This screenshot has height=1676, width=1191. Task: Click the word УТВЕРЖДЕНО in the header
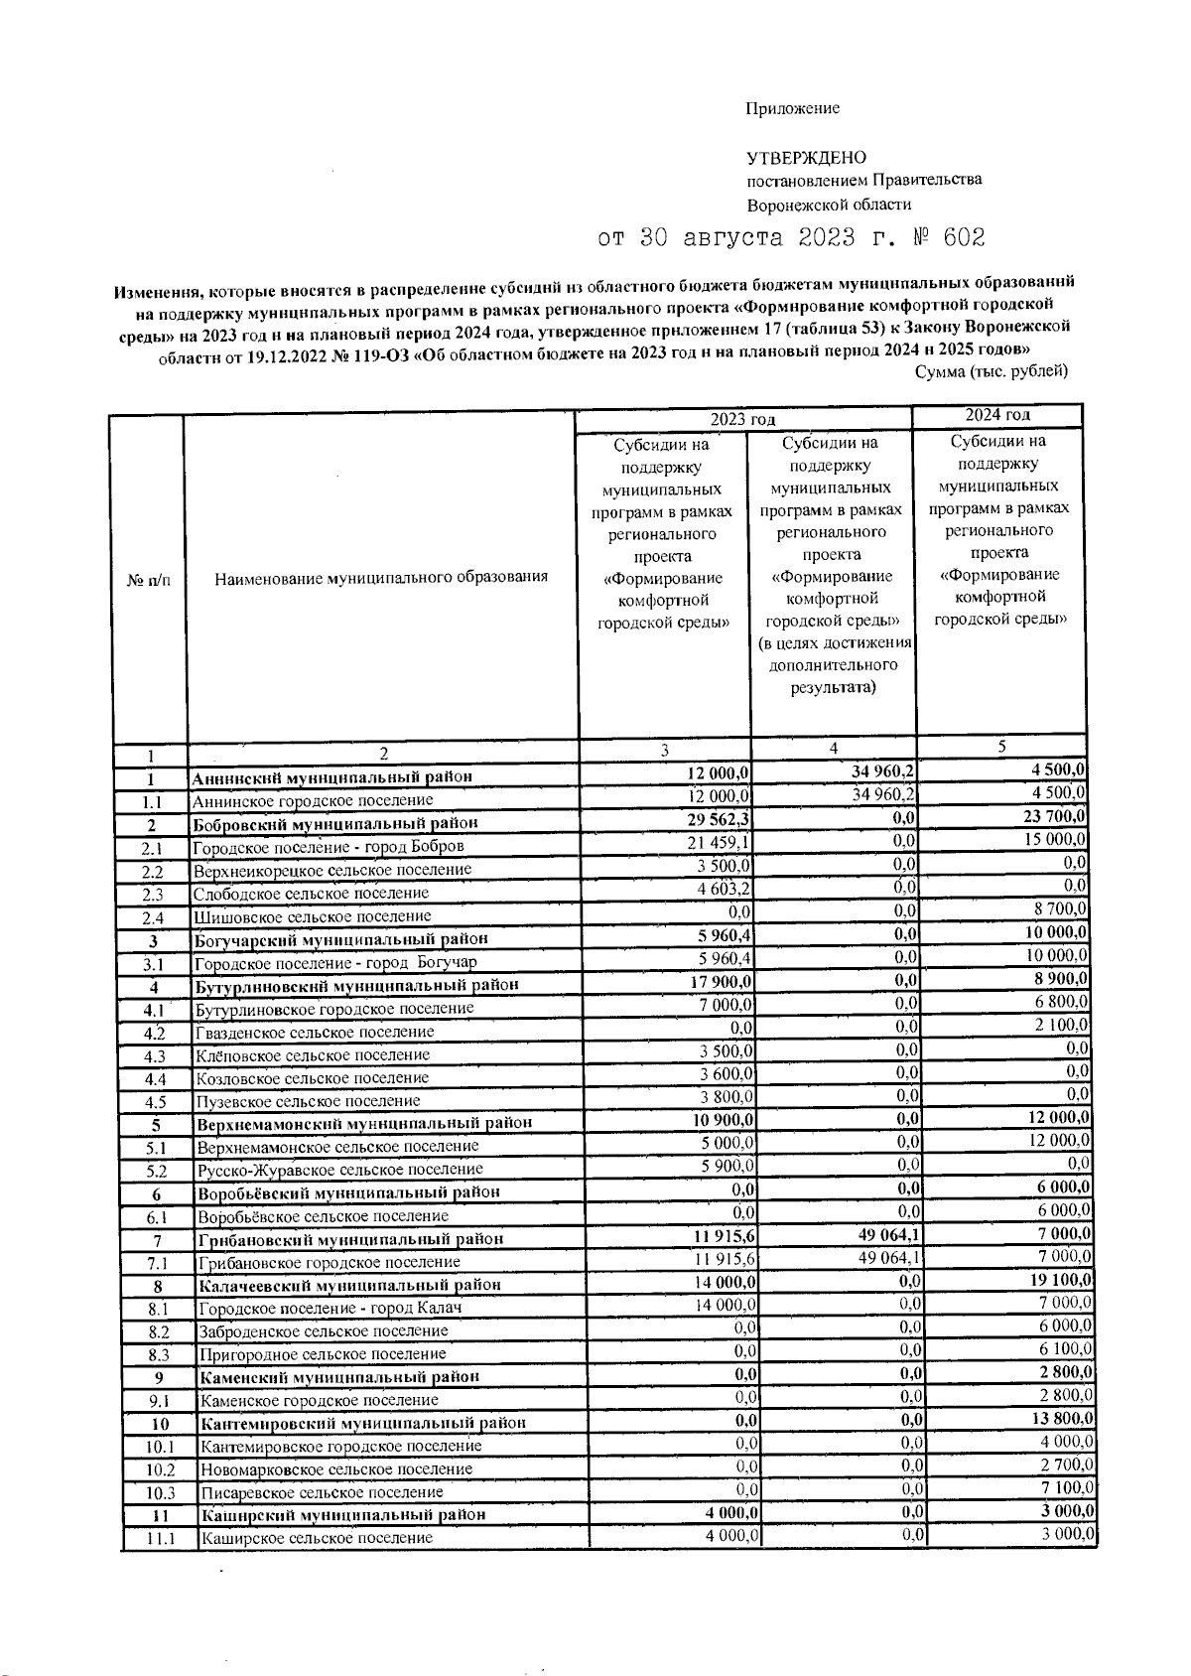tap(806, 157)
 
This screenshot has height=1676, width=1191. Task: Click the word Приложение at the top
tap(792, 108)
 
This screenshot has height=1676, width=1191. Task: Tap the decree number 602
tap(963, 238)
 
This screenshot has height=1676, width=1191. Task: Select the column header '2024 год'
tap(997, 415)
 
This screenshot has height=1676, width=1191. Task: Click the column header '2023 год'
tap(742, 421)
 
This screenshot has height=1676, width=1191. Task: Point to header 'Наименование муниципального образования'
tap(381, 577)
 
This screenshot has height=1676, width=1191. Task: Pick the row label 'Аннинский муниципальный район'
tap(331, 776)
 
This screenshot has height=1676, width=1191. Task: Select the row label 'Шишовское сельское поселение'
tap(312, 915)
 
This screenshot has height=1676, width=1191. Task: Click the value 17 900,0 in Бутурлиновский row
tap(720, 983)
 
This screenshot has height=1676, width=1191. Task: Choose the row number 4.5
tap(155, 1101)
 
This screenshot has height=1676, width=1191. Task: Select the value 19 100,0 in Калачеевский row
tap(1061, 1280)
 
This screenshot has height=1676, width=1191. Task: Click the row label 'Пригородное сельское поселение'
tap(323, 1354)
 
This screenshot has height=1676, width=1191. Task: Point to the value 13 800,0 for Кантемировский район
tap(1063, 1418)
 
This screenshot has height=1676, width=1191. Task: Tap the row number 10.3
tap(160, 1492)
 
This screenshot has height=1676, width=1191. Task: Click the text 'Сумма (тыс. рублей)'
tap(991, 371)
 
